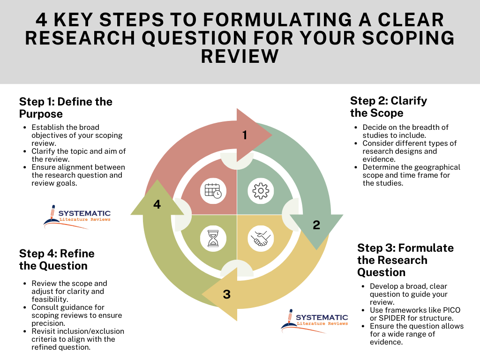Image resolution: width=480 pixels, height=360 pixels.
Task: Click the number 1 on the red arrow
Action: [x=244, y=135]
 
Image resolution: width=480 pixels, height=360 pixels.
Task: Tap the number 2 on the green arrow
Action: [x=316, y=225]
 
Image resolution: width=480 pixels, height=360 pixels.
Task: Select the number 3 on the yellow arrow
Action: [x=227, y=294]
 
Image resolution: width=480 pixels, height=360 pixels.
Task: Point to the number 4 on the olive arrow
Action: [x=157, y=205]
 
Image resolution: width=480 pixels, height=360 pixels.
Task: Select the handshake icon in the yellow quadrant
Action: [x=260, y=239]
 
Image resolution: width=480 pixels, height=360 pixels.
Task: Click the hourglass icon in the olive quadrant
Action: [x=213, y=238]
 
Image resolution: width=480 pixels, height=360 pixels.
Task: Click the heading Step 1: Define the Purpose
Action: [x=66, y=108]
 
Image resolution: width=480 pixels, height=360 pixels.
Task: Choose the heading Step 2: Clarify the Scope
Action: [x=388, y=107]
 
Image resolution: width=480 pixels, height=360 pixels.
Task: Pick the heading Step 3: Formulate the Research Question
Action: [x=405, y=260]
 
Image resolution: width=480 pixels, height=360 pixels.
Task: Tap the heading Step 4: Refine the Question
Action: [x=57, y=260]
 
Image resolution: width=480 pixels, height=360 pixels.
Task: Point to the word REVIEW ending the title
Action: [x=240, y=56]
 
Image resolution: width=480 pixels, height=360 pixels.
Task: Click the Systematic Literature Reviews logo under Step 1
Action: [x=77, y=216]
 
